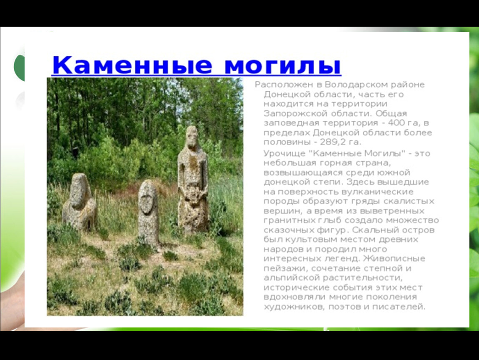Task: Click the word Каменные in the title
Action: click(132, 65)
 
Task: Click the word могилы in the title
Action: click(282, 65)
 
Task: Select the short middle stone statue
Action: click(148, 212)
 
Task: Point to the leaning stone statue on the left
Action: click(79, 202)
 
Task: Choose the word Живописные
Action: click(394, 258)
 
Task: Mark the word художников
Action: click(293, 307)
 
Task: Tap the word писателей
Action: click(398, 307)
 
